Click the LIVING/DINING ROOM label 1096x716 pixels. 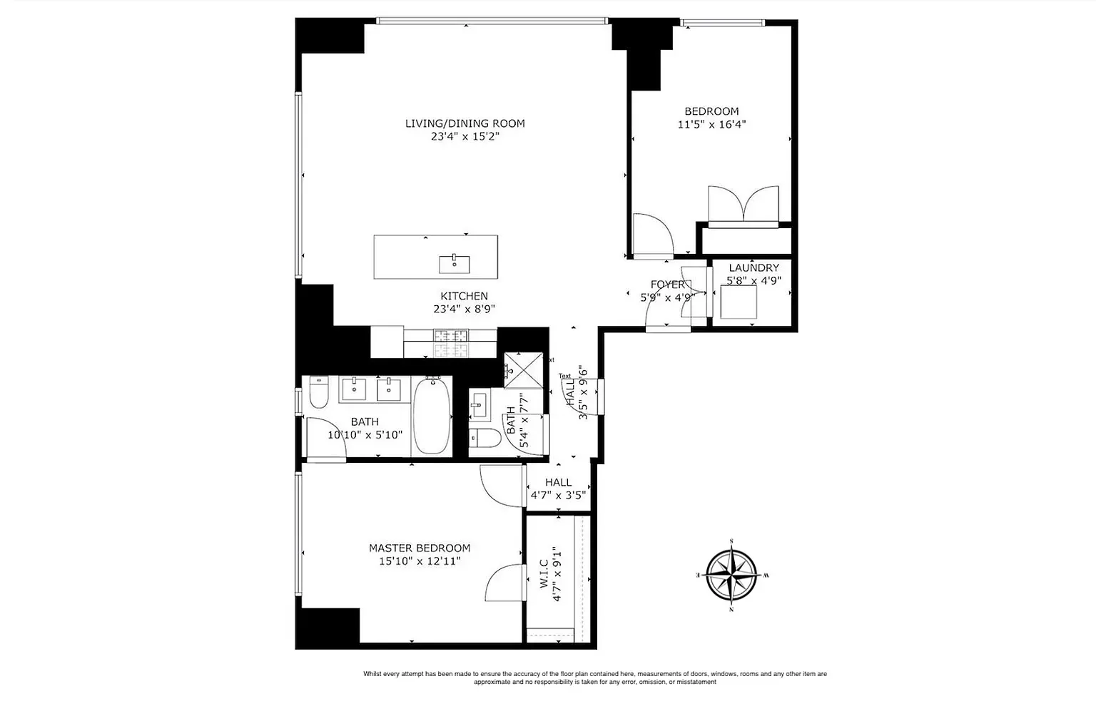(x=465, y=123)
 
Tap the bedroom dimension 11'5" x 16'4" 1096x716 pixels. (x=711, y=124)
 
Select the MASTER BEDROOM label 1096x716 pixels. (x=419, y=548)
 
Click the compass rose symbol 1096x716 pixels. (x=731, y=575)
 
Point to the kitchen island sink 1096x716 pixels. (x=454, y=263)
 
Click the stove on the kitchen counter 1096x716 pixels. (x=451, y=342)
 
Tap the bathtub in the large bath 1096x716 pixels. (x=432, y=416)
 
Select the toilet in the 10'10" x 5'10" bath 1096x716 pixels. (x=318, y=393)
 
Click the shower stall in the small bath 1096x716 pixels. (x=523, y=370)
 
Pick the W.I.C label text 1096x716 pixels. (x=544, y=573)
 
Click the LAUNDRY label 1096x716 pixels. (x=753, y=267)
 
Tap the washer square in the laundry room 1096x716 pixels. (x=739, y=302)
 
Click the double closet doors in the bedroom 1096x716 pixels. (x=743, y=205)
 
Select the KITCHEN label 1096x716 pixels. (x=464, y=296)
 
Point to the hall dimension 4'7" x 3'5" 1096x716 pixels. (x=558, y=495)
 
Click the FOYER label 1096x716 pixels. (x=667, y=285)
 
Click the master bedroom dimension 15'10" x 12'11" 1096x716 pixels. (x=419, y=561)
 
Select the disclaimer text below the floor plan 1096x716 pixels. (x=594, y=677)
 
